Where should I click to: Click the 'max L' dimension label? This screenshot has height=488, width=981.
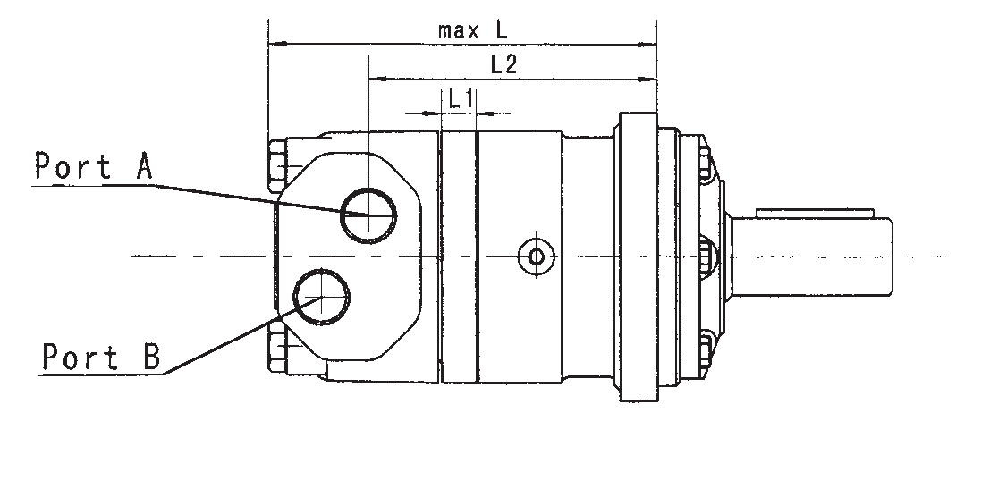coord(472,30)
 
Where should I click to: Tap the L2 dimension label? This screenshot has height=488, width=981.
coord(503,64)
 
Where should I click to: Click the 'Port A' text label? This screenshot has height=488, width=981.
coord(93,166)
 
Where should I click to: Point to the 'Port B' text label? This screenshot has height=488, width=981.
coord(101,356)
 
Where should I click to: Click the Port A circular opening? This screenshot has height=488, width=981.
coord(368,215)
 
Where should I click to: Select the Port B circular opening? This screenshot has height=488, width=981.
coord(322,297)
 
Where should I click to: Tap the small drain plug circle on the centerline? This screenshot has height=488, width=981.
coord(537,257)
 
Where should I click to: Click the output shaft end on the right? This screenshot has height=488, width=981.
coord(811,257)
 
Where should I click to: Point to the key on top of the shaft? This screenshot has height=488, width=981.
coord(815,214)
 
